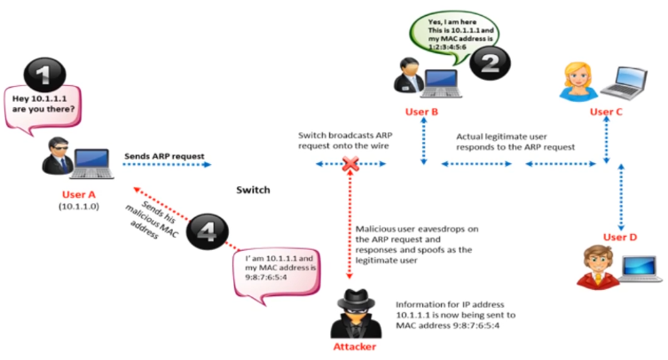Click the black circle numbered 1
44,75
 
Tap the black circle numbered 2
490,64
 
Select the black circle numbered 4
208,231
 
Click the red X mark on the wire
350,164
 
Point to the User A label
79,195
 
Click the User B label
421,112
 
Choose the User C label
606,112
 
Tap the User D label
620,238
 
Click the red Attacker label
355,347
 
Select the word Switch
253,190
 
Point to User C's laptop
625,83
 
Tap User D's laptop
640,269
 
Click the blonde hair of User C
578,73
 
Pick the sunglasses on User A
59,147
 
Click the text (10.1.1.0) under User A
79,207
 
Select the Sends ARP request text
164,156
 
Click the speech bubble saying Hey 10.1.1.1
43,108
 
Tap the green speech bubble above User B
454,36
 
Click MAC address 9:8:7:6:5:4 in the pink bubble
266,278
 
